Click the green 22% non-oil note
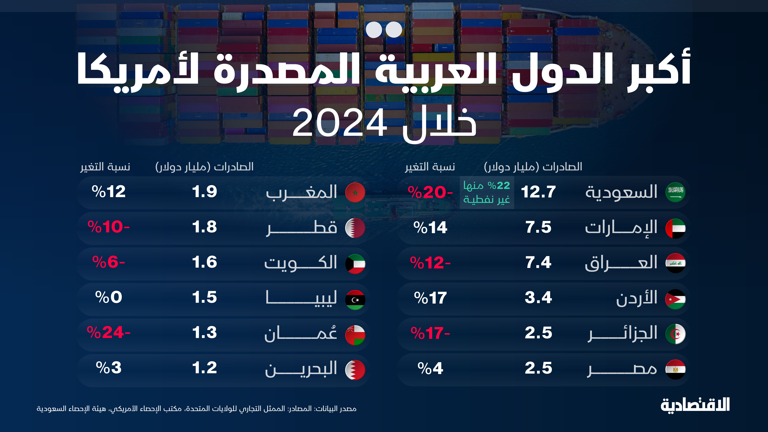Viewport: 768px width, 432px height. coord(487,192)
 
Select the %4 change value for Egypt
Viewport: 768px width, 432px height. coord(430,369)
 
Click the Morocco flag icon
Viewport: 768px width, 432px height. coord(355,192)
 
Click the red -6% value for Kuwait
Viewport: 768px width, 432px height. coord(109,262)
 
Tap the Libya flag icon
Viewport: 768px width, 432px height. coord(355,300)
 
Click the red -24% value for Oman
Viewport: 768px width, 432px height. coord(109,333)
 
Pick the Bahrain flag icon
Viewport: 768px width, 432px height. coord(355,370)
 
